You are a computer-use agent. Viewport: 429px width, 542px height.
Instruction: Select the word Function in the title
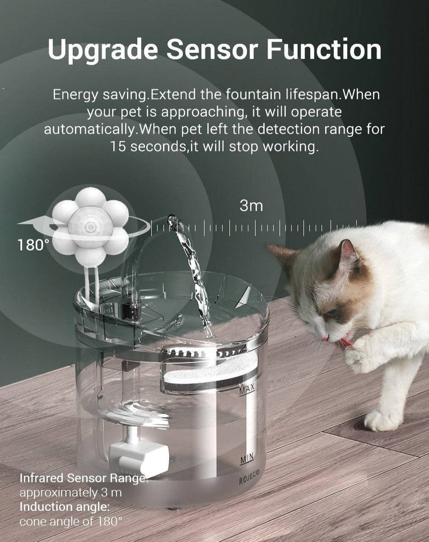(x=323, y=49)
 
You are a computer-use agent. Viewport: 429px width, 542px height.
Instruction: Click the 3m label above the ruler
(x=251, y=206)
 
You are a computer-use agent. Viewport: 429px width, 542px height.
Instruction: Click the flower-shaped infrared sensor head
(x=90, y=226)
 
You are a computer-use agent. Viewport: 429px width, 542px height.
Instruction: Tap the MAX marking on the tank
(x=247, y=390)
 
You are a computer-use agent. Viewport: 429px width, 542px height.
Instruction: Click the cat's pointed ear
(x=348, y=251)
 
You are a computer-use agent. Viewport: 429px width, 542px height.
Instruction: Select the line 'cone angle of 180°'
(x=71, y=521)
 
